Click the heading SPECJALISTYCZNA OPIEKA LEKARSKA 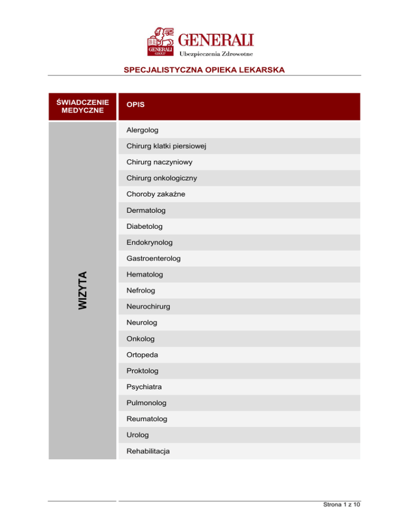pyautogui.click(x=204, y=70)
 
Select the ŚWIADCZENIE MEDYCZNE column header pyautogui.click(x=83, y=106)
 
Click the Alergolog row pyautogui.click(x=142, y=130)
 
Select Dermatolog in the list pyautogui.click(x=146, y=211)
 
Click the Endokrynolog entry pyautogui.click(x=150, y=243)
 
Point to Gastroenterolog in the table pyautogui.click(x=153, y=259)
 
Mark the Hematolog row pyautogui.click(x=145, y=275)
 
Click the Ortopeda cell pyautogui.click(x=142, y=355)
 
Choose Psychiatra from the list pyautogui.click(x=144, y=387)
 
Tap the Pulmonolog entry pyautogui.click(x=146, y=403)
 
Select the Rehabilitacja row pyautogui.click(x=149, y=451)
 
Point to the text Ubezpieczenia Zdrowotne pyautogui.click(x=216, y=53)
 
